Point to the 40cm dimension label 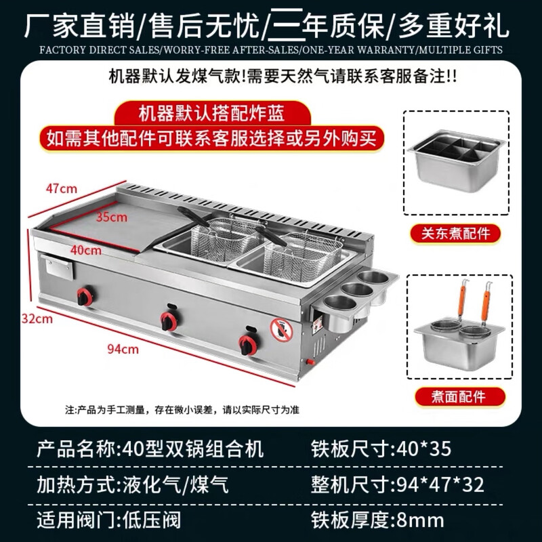coord(86,250)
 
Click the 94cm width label coord(123,349)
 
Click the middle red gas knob coord(168,319)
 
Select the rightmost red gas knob coord(247,343)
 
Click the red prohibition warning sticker coord(280,329)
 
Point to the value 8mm coord(420,520)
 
